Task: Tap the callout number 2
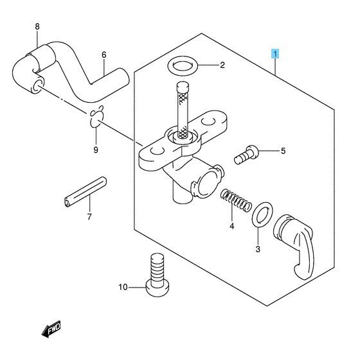222,65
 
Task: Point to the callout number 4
231,226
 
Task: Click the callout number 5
281,152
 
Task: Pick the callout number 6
103,55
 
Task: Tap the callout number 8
37,27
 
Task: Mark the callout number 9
96,150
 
